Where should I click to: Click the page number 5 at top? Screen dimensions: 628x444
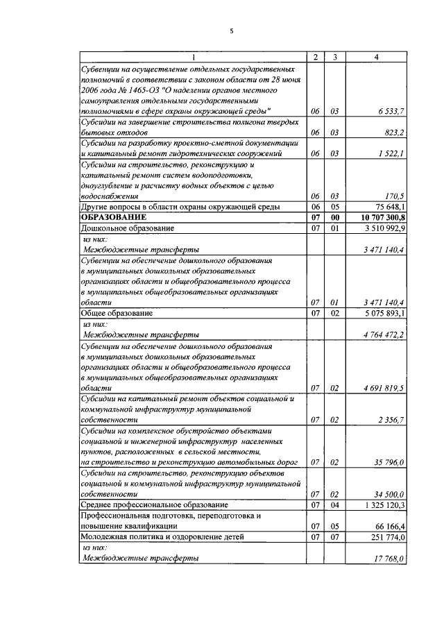pos(232,31)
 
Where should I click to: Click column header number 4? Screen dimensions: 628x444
pos(375,57)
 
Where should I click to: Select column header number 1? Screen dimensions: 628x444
pos(193,57)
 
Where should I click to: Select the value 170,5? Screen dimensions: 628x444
pos(395,196)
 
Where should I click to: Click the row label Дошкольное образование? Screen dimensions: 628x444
pos(127,228)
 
